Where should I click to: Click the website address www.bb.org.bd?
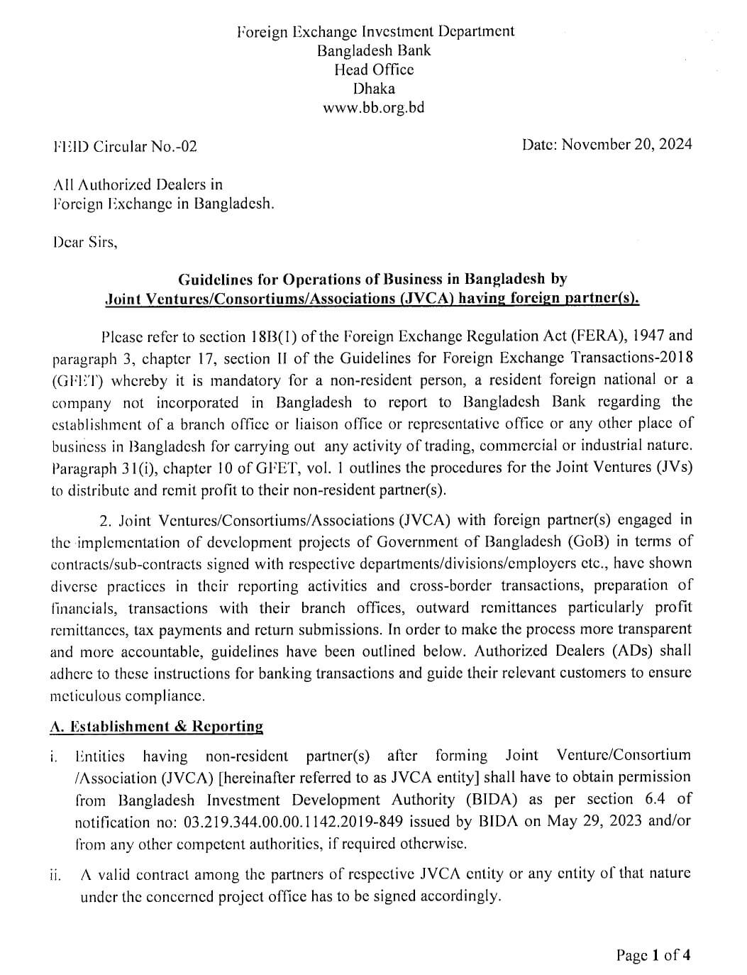373,109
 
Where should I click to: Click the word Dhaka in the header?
374,89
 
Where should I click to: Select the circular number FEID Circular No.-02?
125,147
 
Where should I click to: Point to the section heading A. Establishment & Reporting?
157,727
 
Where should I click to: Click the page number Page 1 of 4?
653,955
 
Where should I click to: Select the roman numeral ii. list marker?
55,875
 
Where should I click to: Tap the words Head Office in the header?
374,70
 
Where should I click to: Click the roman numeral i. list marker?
54,757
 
